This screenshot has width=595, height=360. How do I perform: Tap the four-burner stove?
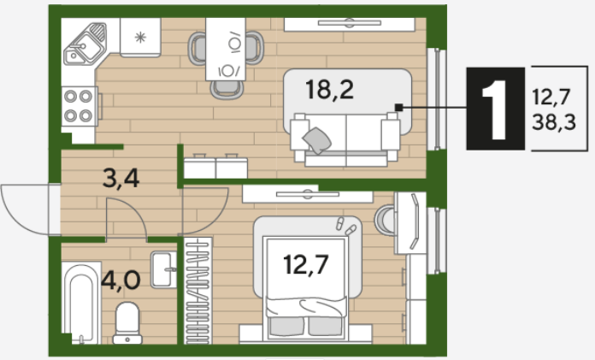point(80,106)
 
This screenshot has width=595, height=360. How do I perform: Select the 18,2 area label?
point(329,90)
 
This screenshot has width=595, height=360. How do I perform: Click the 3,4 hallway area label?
point(121,178)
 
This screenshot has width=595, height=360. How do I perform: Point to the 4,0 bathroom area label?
point(121,280)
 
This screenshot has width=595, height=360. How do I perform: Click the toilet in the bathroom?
point(127,322)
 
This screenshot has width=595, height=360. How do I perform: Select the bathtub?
point(81,303)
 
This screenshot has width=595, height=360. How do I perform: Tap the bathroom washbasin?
point(164,269)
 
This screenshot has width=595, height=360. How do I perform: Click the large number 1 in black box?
point(495,109)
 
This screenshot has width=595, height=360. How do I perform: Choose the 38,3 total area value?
point(554,122)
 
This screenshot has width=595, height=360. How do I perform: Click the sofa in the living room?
point(345,139)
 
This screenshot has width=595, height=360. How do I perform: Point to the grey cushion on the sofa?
point(317,140)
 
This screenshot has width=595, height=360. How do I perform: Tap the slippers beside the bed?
point(345,226)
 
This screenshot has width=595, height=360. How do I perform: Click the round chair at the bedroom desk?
point(385,221)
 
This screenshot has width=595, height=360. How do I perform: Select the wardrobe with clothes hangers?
point(197,291)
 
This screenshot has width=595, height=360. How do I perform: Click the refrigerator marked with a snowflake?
point(140,38)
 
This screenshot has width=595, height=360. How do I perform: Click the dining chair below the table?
point(227,90)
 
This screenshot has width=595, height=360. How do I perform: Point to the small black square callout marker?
point(399,108)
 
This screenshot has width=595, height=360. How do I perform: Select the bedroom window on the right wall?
point(437,241)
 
